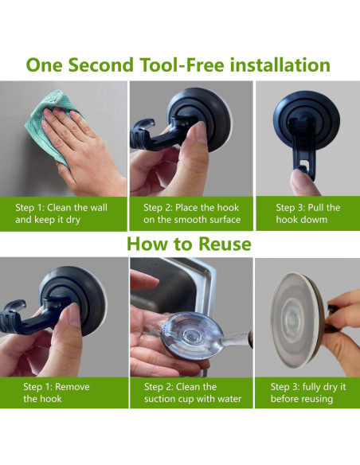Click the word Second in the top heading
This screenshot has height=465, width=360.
(101, 64)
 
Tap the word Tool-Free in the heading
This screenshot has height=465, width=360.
(182, 64)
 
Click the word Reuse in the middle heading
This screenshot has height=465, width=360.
(225, 244)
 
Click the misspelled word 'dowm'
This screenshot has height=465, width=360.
(314, 220)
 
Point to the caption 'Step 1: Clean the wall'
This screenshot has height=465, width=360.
(61, 208)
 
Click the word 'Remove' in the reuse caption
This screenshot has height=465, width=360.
(72, 387)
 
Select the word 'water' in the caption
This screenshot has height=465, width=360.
(229, 399)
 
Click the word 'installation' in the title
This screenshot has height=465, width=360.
(280, 64)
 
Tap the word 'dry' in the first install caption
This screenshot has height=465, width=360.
(73, 220)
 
